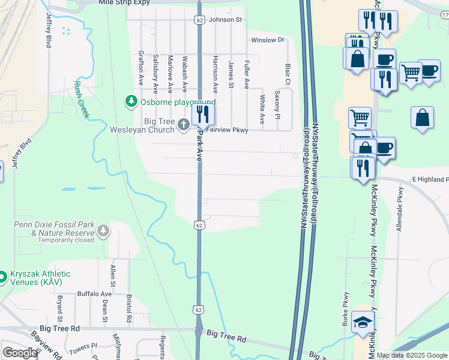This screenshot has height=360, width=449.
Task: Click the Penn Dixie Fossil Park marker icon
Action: click(x=104, y=229)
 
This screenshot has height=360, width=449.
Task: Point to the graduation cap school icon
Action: click(x=363, y=323)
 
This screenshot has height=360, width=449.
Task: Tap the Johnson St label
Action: click(x=225, y=20)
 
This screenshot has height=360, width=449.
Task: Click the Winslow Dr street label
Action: click(x=267, y=40)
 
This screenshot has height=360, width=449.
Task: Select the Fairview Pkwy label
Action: click(x=228, y=130)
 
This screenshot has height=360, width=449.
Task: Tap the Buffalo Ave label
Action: click(x=94, y=294)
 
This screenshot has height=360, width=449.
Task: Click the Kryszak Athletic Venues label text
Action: click(x=40, y=278)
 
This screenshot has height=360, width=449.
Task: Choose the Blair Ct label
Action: click(x=288, y=74)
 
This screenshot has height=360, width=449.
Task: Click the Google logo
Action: click(x=20, y=353)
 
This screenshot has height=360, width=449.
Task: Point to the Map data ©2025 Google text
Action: click(x=412, y=355)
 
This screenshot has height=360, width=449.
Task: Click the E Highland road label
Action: click(x=430, y=179)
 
